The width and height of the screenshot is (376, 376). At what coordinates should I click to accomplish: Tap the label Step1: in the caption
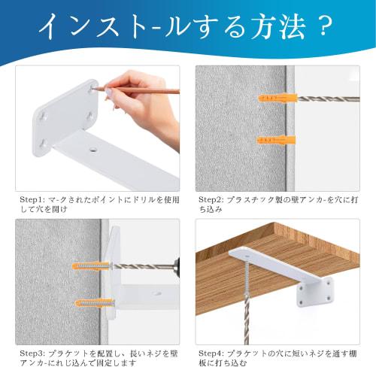point(32,200)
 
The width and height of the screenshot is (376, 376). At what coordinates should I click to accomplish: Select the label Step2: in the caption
point(212,200)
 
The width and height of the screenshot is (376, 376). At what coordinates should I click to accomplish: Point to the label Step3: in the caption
point(32,352)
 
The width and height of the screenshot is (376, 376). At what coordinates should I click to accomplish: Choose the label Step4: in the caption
point(212,352)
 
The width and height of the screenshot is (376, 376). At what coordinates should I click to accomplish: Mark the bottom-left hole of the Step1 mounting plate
point(42,141)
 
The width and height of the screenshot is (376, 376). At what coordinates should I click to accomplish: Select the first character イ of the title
point(54,27)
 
